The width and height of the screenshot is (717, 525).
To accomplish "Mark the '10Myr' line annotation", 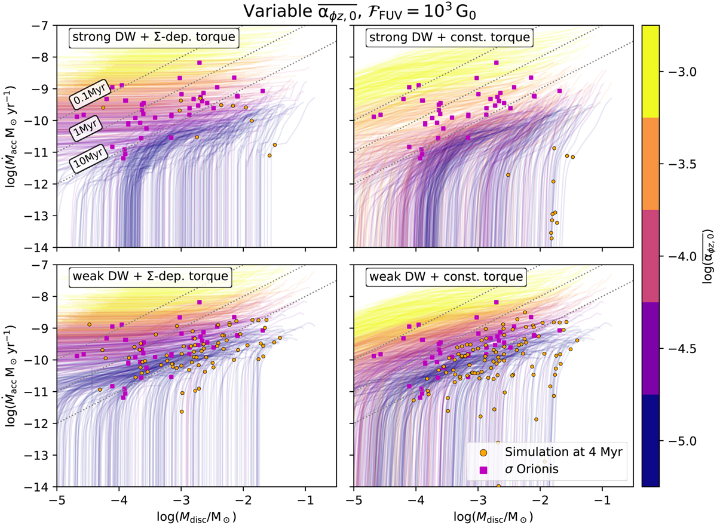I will (x=87, y=158).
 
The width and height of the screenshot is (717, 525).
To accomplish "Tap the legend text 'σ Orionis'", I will (x=532, y=470).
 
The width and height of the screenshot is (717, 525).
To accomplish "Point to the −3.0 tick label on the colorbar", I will (x=679, y=72).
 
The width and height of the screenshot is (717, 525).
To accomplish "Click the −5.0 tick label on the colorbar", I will (x=679, y=441).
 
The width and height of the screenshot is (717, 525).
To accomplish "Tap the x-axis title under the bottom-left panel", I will (x=197, y=514).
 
